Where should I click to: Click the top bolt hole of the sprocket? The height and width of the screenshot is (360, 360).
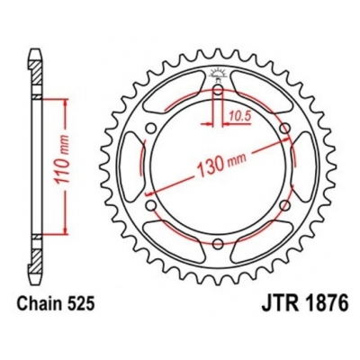pos(219,91)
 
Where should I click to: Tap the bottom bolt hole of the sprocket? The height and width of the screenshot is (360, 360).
pos(219,243)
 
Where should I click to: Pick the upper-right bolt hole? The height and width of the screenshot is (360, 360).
pos(284,129)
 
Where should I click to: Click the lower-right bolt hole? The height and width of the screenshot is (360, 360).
pos(284,205)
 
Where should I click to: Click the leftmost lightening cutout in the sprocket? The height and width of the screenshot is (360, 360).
pos(132,167)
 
